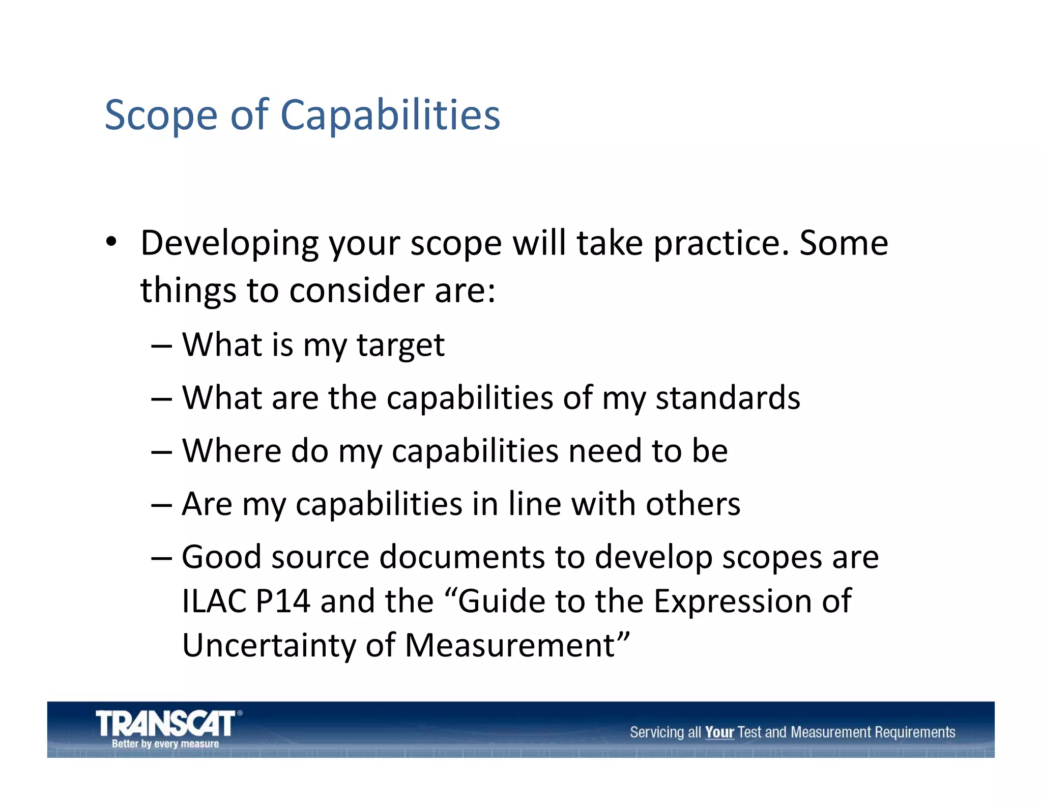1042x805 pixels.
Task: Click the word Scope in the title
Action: tap(161, 116)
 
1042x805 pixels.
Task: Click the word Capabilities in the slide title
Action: tap(390, 115)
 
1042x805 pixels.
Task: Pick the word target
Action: tap(400, 346)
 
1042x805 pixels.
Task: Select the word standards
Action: tap(728, 397)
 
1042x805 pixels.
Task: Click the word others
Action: tap(693, 504)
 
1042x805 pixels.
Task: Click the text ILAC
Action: tap(214, 601)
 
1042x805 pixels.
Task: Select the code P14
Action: tap(283, 601)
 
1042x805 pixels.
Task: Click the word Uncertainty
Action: tap(269, 645)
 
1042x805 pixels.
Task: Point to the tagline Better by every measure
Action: tap(165, 743)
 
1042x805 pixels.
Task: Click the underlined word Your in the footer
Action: tap(719, 732)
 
